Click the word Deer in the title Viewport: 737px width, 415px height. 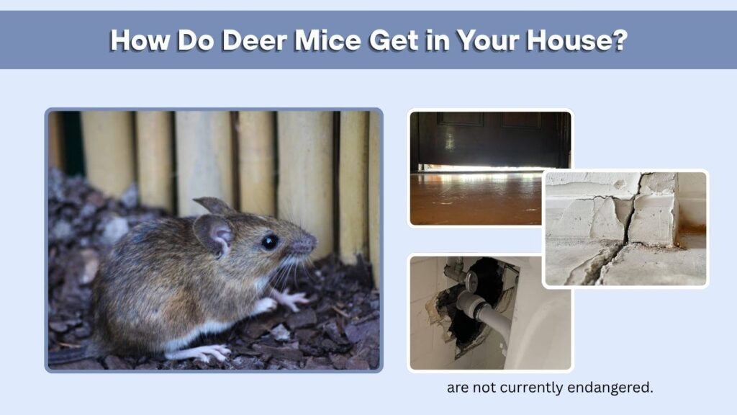pyautogui.click(x=254, y=40)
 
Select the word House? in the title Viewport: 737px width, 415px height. pyautogui.click(x=577, y=40)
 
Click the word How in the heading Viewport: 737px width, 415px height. pyautogui.click(x=140, y=40)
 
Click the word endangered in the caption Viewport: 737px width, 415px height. pyautogui.click(x=610, y=388)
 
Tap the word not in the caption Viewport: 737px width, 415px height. pyautogui.click(x=484, y=388)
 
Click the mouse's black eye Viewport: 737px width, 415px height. pyautogui.click(x=270, y=241)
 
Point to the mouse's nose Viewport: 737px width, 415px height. pyautogui.click(x=308, y=244)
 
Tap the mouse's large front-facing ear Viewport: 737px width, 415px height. pyautogui.click(x=214, y=234)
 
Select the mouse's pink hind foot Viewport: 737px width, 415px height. pyautogui.click(x=203, y=352)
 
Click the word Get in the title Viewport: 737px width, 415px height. pyautogui.click(x=394, y=40)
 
